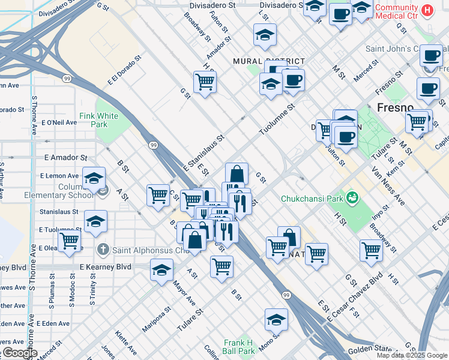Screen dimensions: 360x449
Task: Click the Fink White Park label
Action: coord(99,120)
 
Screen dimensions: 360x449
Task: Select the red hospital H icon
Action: coord(427,10)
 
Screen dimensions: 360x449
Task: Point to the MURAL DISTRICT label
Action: coord(269,61)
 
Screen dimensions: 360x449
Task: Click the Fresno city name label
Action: coord(395,107)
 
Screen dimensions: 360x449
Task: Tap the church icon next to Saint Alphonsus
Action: coord(103,249)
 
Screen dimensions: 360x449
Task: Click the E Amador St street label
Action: coord(65,157)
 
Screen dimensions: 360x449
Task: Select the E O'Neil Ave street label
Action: coord(59,122)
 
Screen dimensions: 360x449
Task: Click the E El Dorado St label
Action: coord(124,70)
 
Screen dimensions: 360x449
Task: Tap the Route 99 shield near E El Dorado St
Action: coord(66,77)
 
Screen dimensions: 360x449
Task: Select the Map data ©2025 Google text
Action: coord(412,355)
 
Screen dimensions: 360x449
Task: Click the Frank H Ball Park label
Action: coord(238,346)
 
